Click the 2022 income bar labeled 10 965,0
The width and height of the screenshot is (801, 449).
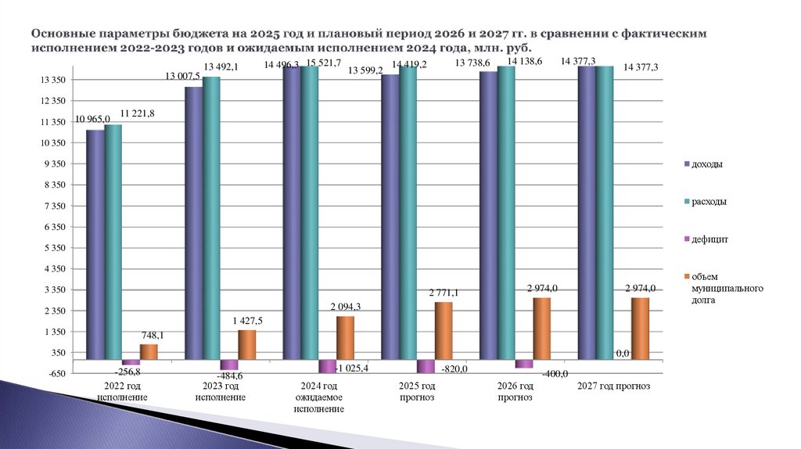click(x=95, y=242)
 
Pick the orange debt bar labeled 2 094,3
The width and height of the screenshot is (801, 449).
click(x=345, y=338)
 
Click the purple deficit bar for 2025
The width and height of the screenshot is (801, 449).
click(x=426, y=366)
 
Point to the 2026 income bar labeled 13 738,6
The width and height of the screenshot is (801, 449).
click(x=488, y=215)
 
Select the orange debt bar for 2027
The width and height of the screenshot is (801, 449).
click(x=640, y=329)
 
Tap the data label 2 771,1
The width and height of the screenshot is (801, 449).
click(x=444, y=293)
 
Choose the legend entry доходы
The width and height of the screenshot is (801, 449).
click(x=707, y=165)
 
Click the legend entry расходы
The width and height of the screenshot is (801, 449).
click(x=709, y=202)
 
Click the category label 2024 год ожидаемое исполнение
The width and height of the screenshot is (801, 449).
click(x=318, y=397)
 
